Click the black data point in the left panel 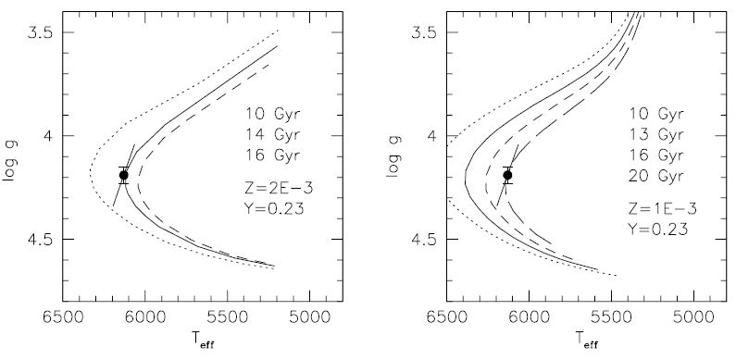click(x=124, y=175)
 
